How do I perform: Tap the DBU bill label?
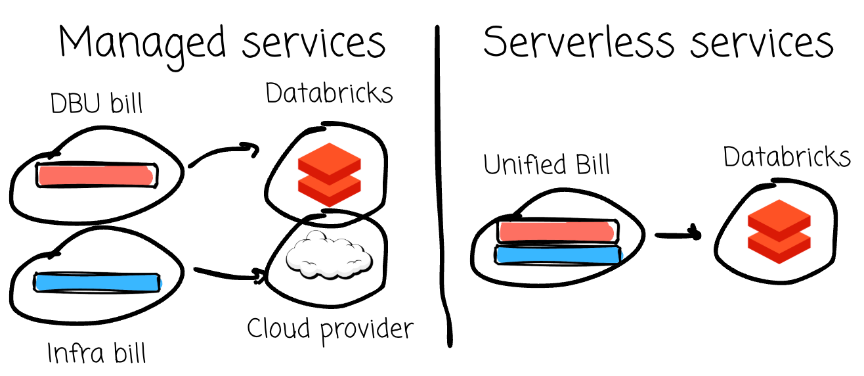(x=96, y=103)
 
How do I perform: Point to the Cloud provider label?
(x=330, y=327)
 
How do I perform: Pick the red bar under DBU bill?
(x=97, y=175)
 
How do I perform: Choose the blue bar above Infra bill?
(x=97, y=282)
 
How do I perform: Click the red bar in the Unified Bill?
(x=557, y=231)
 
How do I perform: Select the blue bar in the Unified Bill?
(x=557, y=254)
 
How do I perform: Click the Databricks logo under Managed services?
(x=330, y=170)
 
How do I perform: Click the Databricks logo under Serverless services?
(x=777, y=231)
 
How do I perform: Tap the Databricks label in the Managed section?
(x=329, y=94)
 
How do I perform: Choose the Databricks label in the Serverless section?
(x=787, y=157)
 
